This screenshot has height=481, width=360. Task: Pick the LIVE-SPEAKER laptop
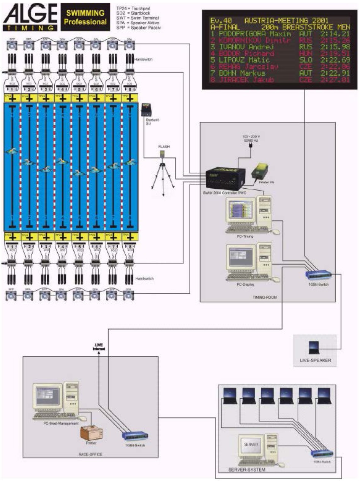tap(314, 346)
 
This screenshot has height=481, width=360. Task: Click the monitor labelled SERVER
tap(251, 444)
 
